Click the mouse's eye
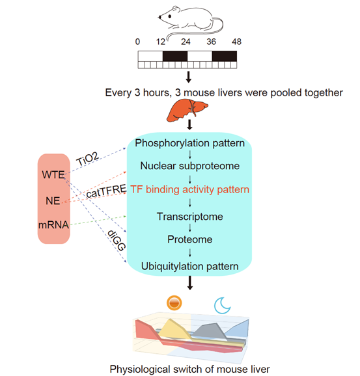click(x=170, y=16)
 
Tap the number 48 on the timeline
click(x=236, y=42)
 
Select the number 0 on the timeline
click(x=137, y=42)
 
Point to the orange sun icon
click(x=174, y=302)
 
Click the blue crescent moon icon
click(x=221, y=306)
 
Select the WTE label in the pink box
click(x=53, y=174)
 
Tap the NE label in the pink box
click(x=53, y=201)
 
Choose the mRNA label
click(x=54, y=225)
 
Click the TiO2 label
click(x=87, y=159)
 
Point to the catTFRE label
click(x=106, y=191)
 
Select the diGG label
click(x=117, y=240)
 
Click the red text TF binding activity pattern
click(x=190, y=189)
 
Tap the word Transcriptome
click(x=190, y=217)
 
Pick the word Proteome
click(x=190, y=239)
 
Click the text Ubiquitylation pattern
click(x=190, y=266)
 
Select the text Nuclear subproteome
click(x=190, y=166)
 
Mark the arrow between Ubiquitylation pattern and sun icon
click(x=190, y=283)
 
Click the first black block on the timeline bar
click(x=175, y=56)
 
